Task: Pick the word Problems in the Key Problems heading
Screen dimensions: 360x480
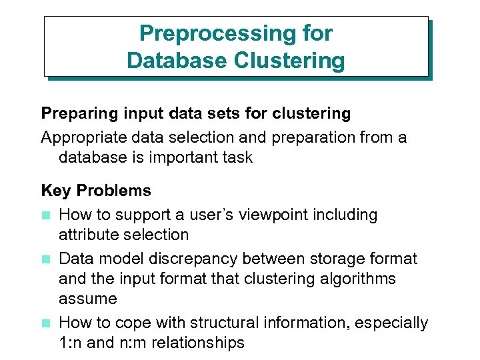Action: (x=114, y=191)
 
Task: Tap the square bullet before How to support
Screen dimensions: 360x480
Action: (x=45, y=215)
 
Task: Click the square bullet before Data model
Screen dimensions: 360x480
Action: (x=45, y=259)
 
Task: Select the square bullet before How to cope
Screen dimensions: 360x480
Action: (x=45, y=323)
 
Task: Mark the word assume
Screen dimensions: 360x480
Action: (x=88, y=298)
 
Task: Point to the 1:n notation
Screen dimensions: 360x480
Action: (x=70, y=343)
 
